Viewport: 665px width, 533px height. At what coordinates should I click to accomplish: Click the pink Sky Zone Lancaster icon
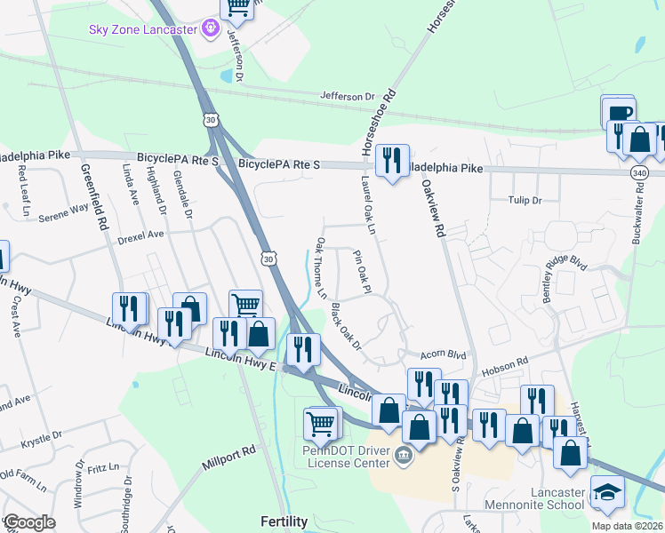tap(210, 29)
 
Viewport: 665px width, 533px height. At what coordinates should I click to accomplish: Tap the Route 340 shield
tap(640, 171)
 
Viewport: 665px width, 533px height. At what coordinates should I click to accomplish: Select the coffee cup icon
tap(620, 113)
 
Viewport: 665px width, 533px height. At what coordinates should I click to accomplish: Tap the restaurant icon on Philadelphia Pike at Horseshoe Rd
tap(391, 160)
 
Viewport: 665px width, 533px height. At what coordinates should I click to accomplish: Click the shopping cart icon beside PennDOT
tap(320, 423)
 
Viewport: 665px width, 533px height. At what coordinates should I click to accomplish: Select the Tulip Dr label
tap(524, 201)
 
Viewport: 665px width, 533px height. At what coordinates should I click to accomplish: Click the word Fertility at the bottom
tap(284, 521)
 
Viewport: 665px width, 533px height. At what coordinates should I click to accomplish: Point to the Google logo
tap(28, 522)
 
